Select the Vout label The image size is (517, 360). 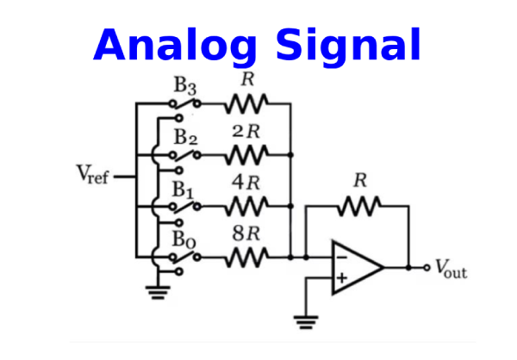[451, 269]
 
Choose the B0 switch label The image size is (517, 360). [184, 238]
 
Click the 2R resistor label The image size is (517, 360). [246, 133]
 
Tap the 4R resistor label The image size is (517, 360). [246, 183]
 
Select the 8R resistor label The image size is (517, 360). [246, 233]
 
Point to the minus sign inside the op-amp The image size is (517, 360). [342, 256]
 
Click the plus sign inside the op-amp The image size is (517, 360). [342, 277]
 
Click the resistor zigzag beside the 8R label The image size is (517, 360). [246, 256]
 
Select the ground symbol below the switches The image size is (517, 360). [157, 290]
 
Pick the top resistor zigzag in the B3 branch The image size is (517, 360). [246, 104]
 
